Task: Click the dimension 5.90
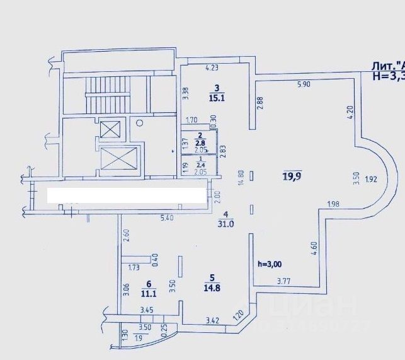click(304, 84)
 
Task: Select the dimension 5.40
click(167, 218)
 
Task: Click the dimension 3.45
click(146, 310)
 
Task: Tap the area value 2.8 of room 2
click(200, 142)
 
